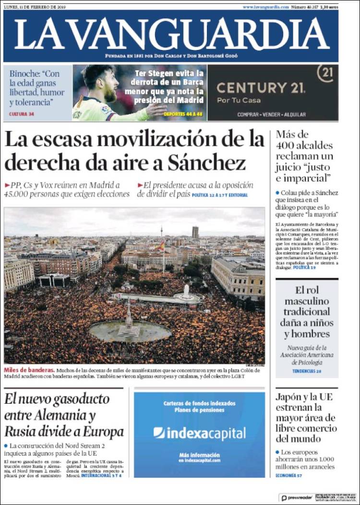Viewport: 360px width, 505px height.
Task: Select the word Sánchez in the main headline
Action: pyautogui.click(x=206, y=164)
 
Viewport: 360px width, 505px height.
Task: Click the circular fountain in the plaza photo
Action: pyautogui.click(x=130, y=330)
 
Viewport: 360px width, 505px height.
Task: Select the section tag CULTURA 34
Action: pyautogui.click(x=22, y=114)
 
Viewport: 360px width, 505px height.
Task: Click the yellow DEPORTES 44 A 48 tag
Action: pyautogui.click(x=183, y=114)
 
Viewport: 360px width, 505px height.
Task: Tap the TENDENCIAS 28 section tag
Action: pyautogui.click(x=307, y=371)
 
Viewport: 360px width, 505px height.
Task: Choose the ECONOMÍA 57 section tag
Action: pyautogui.click(x=289, y=475)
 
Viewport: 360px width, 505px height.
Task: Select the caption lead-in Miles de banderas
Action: pyautogui.click(x=29, y=370)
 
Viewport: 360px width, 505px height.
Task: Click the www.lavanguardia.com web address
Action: pyautogui.click(x=265, y=7)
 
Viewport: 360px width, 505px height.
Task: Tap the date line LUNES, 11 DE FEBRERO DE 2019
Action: pyautogui.click(x=35, y=7)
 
